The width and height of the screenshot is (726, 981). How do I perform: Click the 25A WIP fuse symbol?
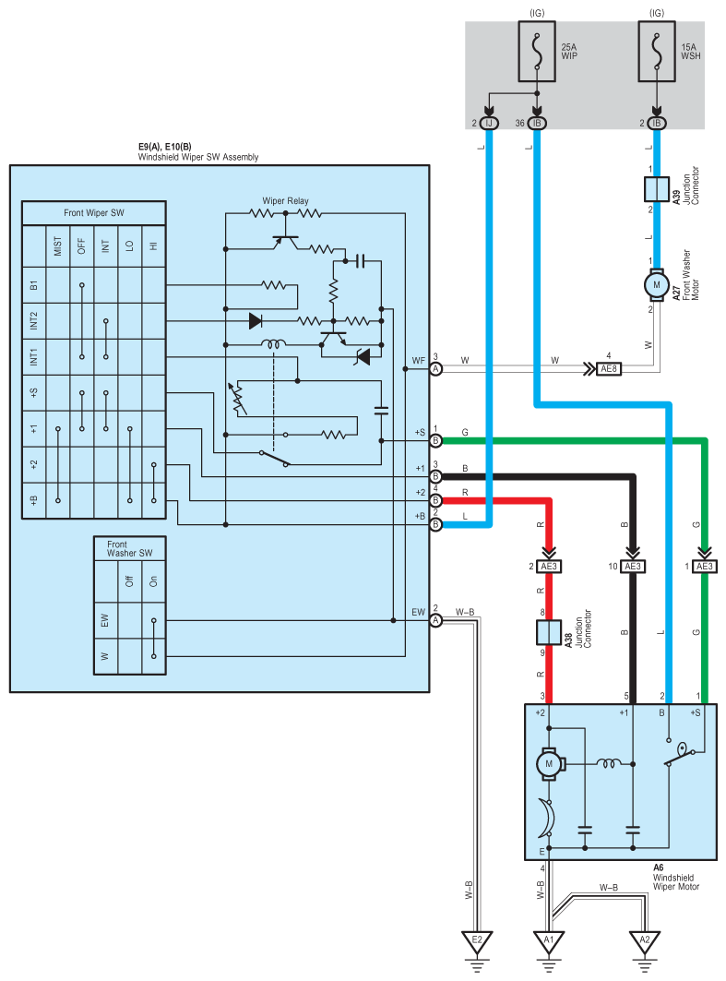coord(537,52)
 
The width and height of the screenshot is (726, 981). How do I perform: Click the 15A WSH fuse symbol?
coord(657,52)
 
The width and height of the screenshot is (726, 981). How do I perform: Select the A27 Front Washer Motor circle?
coord(657,284)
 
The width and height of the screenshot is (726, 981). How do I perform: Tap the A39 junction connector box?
coord(657,189)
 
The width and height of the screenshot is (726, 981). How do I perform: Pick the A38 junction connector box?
coord(549,632)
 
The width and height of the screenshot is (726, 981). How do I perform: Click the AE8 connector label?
coord(609,369)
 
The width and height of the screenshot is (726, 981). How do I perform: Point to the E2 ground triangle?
coord(477,941)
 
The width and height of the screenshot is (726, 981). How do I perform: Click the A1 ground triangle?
coord(548,941)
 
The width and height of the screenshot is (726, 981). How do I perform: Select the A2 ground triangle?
coord(645,941)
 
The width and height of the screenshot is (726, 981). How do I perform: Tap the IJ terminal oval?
coord(489,124)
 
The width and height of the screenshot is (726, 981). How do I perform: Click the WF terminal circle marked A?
coord(435,369)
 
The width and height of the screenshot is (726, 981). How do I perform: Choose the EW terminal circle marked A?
coord(435,620)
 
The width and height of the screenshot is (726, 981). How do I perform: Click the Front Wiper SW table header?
coord(94,212)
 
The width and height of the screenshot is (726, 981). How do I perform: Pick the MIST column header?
coord(58,245)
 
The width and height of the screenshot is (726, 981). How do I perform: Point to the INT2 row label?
coord(34,321)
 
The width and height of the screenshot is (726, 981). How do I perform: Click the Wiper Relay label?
coord(285,201)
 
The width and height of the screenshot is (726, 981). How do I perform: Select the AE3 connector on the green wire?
coord(705,567)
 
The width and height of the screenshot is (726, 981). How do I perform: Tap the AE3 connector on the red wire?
coord(549,567)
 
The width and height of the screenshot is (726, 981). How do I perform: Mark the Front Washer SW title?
coord(129,549)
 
